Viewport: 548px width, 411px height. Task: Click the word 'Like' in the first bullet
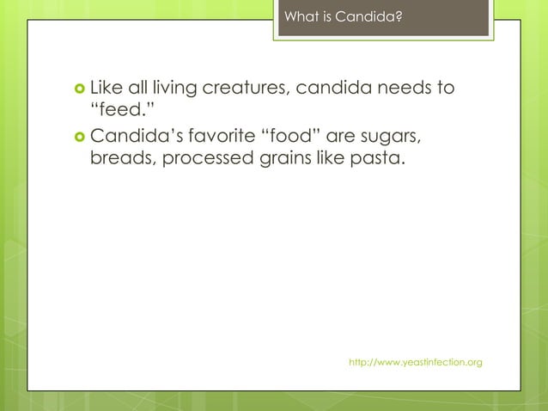[107, 88]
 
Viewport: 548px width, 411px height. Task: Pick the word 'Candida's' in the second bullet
[130, 136]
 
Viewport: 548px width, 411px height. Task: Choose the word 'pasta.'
[377, 159]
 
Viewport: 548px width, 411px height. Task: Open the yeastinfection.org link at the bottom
[415, 363]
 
